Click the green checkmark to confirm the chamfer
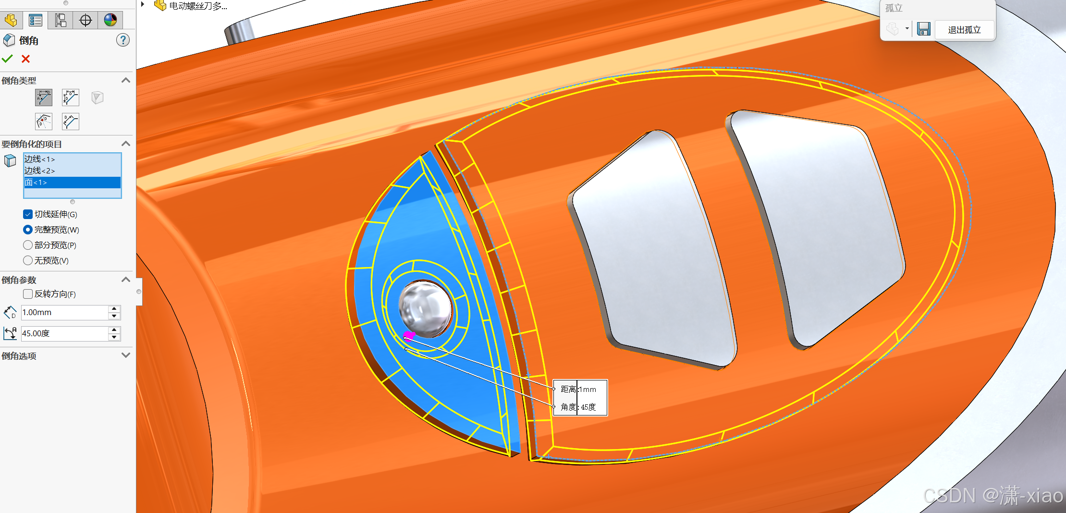coord(7,59)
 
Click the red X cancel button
coord(26,59)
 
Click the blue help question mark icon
coord(123,40)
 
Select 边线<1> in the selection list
coord(40,159)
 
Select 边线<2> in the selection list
coord(40,171)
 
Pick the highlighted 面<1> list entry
coord(72,183)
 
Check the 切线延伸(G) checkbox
coord(28,214)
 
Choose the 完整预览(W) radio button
coord(28,230)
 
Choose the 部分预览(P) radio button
coord(28,245)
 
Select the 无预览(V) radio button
coord(28,260)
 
